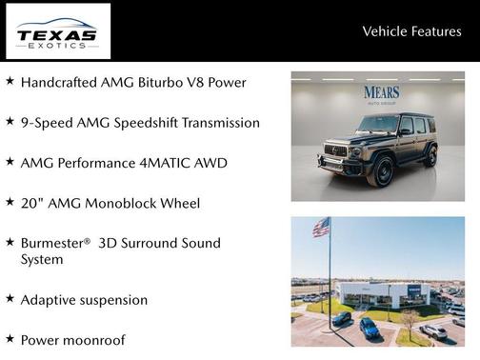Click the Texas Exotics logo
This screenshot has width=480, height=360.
click(x=57, y=31)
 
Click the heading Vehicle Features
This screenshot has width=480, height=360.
click(x=411, y=31)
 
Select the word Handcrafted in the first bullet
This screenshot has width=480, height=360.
click(x=63, y=82)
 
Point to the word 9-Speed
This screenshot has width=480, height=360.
click(x=47, y=123)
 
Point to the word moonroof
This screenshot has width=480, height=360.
click(x=92, y=340)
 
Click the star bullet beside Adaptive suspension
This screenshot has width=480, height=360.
click(x=10, y=299)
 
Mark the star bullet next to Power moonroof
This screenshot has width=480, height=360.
click(x=10, y=339)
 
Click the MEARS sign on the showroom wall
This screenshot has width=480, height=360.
click(x=381, y=92)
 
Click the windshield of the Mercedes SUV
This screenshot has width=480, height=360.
click(x=377, y=124)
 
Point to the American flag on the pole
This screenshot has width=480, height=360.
click(x=321, y=227)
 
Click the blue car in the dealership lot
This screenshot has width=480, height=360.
click(x=369, y=328)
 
